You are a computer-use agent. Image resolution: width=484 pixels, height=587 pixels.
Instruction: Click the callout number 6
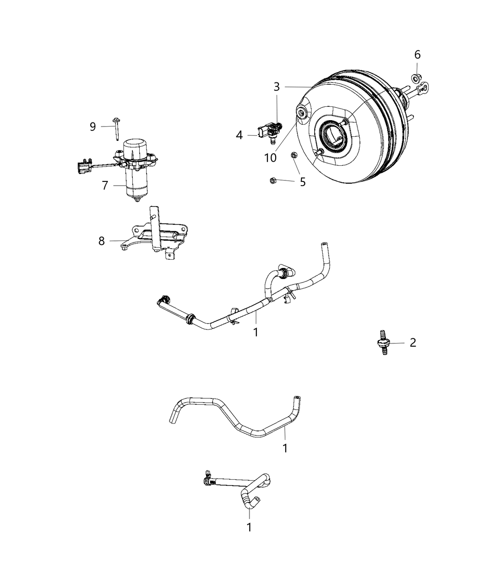click(417, 55)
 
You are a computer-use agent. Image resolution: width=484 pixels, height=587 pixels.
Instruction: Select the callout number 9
click(93, 127)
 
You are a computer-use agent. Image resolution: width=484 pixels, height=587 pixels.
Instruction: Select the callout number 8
click(101, 241)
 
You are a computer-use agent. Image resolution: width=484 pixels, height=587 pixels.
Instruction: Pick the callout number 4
click(239, 135)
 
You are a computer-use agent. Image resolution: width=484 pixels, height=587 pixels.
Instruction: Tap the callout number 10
click(270, 157)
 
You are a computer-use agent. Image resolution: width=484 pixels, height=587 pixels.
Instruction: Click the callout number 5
click(302, 182)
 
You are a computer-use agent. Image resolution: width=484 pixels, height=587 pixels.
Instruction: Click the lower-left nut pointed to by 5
click(272, 180)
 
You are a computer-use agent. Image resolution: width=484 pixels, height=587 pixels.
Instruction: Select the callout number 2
click(413, 342)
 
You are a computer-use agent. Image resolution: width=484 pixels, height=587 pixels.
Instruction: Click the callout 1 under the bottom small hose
click(249, 528)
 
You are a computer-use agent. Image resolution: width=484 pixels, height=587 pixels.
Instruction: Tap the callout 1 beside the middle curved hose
click(285, 448)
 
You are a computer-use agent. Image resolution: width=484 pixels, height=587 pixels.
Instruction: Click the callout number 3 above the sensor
click(276, 87)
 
